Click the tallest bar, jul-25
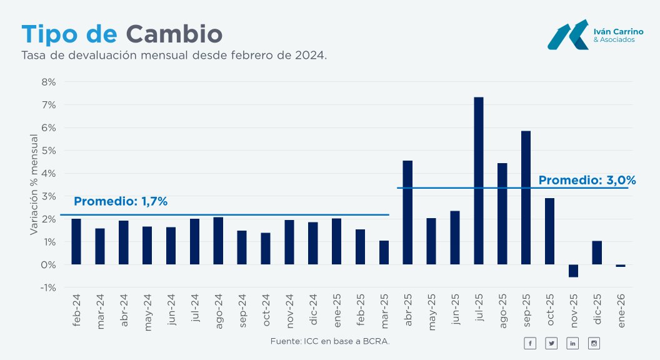point(479,181)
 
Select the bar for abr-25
point(407,212)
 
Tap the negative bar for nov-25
point(573,271)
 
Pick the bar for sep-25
point(526,197)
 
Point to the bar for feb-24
point(76,242)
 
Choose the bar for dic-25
point(597,252)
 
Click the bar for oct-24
point(266,249)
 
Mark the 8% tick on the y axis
point(49,82)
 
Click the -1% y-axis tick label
point(49,288)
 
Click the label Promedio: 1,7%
point(121,202)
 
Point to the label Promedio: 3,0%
point(587,181)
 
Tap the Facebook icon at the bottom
point(530,343)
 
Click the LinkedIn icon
point(572,343)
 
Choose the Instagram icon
point(594,343)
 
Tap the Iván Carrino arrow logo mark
point(567,36)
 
